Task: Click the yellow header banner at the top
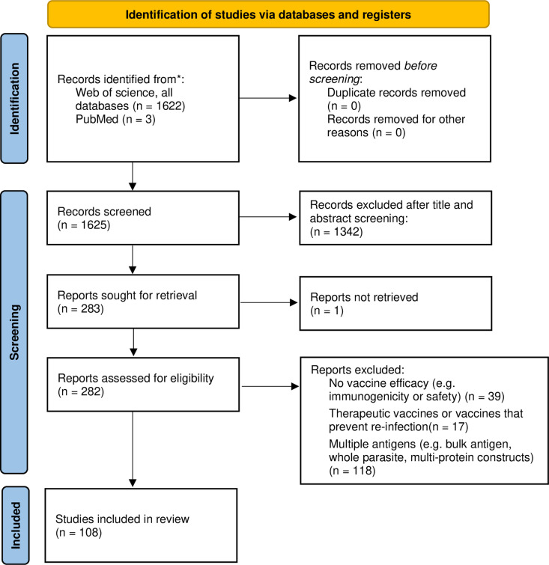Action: (268, 14)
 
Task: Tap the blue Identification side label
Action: (14, 98)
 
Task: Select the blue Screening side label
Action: (14, 332)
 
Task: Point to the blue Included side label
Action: (16, 525)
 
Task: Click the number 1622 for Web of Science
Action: (169, 106)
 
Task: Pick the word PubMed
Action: (97, 119)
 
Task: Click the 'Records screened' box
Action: (143, 218)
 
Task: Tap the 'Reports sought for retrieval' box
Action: (143, 302)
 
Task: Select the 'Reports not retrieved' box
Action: (395, 303)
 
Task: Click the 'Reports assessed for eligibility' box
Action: (143, 385)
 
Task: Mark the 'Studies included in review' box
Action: (141, 525)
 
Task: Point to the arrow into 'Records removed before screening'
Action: (268, 98)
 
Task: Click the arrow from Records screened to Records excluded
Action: (268, 217)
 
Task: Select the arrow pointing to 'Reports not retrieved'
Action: (269, 302)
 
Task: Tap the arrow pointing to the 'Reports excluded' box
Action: (270, 386)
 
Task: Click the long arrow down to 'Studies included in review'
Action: (133, 449)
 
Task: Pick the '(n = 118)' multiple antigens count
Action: (352, 471)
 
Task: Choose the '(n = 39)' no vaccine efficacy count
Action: (485, 397)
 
